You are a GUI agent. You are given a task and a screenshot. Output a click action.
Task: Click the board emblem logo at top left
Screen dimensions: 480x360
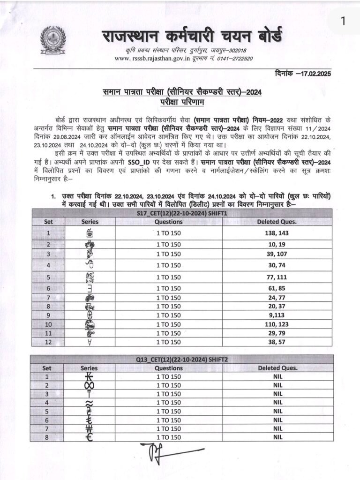pos(53,41)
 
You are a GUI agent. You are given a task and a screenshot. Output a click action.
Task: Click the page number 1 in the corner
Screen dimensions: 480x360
pos(342,20)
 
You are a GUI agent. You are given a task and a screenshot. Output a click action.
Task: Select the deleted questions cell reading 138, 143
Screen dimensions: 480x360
pos(277,232)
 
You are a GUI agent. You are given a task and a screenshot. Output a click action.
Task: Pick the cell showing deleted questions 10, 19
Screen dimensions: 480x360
pos(277,245)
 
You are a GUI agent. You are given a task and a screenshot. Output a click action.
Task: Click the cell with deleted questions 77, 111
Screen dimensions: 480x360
pos(277,277)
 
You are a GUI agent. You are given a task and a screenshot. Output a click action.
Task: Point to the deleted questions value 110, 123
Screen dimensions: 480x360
pos(277,324)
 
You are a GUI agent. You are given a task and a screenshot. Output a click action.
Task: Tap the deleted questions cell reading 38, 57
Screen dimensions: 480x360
pos(277,342)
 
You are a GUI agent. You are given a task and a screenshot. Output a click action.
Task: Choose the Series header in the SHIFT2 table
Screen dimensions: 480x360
pos(89,368)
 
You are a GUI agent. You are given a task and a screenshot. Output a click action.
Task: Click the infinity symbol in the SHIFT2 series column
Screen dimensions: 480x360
pos(90,385)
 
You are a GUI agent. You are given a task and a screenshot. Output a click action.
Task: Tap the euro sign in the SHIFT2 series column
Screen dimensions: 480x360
pos(90,437)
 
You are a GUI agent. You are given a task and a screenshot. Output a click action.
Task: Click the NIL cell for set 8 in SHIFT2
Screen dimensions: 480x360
pos(277,437)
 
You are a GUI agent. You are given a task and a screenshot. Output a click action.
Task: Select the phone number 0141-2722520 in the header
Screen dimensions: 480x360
pos(231,59)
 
